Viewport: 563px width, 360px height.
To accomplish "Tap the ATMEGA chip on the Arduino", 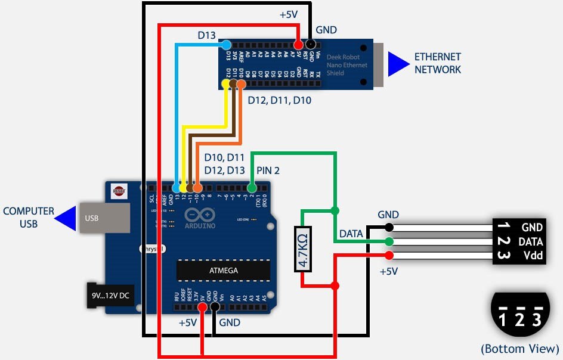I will click(223, 270).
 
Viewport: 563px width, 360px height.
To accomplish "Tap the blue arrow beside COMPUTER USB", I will click(64, 218).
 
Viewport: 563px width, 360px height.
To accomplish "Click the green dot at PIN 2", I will click(252, 188).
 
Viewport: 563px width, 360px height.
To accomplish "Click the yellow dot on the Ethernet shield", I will click(226, 85).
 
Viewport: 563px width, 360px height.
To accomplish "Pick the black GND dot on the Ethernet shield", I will click(310, 44).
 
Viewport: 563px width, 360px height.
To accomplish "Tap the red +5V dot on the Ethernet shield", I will click(298, 44).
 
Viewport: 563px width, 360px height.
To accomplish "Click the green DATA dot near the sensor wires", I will click(389, 241).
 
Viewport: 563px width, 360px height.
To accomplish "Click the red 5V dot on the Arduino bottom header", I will click(203, 307).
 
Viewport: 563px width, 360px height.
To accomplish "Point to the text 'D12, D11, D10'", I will click(279, 101).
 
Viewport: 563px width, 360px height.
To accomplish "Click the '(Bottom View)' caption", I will click(519, 349).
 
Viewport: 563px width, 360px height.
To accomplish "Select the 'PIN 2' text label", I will click(268, 170).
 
